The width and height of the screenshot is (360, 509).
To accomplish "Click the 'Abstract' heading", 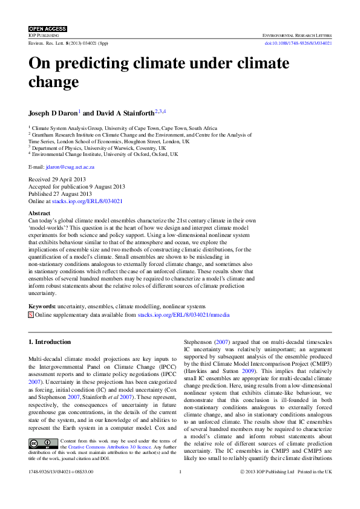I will [x=40, y=214].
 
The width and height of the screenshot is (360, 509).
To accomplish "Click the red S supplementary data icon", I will [x=31, y=315].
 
